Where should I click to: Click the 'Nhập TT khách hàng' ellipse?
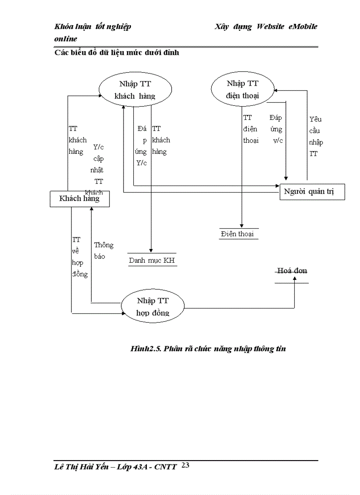point(135,90)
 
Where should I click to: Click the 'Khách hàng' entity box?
point(79,199)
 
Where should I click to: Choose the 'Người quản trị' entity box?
point(312,192)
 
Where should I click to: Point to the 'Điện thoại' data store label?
point(237,234)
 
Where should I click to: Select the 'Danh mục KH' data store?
point(152,261)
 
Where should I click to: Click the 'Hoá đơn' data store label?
point(292,271)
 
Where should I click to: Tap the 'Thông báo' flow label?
point(103,250)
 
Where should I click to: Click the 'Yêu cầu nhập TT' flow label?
point(316,137)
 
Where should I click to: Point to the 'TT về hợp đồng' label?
point(79,257)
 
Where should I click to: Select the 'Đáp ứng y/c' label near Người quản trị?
point(276,129)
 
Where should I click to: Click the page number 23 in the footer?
point(185,465)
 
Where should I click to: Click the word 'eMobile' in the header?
point(303,26)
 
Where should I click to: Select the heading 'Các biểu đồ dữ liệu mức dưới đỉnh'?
point(116,53)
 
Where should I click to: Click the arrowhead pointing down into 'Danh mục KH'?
point(151,250)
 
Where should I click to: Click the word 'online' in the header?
point(65,39)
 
